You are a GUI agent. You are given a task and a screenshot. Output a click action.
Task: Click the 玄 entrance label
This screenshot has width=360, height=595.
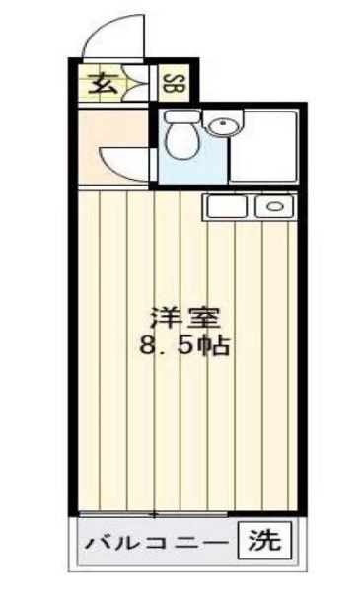click(103, 84)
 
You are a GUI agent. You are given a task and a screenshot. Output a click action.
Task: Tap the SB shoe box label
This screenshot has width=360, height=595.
click(174, 84)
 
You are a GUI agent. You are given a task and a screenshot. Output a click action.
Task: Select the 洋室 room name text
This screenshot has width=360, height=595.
click(185, 317)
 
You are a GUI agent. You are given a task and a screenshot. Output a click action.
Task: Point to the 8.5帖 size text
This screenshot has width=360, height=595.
click(185, 344)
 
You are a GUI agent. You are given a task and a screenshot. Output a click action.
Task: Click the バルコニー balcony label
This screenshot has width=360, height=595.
click(156, 543)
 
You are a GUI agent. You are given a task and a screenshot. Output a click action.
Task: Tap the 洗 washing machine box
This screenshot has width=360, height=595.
click(264, 541)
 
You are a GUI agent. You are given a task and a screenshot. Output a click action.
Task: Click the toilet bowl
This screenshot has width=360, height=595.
click(182, 141)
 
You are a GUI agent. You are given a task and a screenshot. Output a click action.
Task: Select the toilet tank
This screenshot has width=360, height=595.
click(182, 115)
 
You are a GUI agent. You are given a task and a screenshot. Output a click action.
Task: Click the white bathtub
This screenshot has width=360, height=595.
click(264, 146)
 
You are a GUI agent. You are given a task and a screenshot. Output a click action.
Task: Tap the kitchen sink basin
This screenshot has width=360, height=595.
click(274, 206)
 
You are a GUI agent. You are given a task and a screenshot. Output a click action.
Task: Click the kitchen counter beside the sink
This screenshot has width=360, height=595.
click(227, 206)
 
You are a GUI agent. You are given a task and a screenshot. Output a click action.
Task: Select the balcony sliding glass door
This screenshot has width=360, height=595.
click(153, 514)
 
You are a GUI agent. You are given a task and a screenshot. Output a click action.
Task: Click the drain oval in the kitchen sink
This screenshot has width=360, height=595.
click(275, 206)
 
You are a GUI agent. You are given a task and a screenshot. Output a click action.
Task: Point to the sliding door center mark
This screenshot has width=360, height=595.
click(154, 514)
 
